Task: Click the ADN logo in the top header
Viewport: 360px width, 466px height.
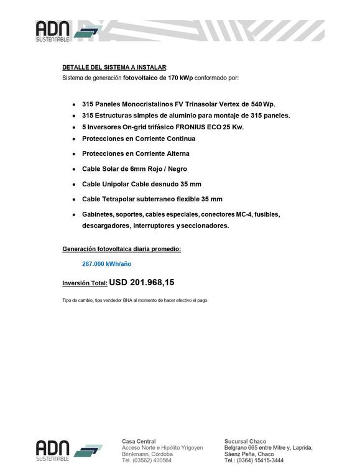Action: coord(62,31)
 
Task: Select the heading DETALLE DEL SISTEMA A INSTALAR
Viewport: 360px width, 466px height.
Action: coord(114,66)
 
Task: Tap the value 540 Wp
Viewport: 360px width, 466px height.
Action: coord(262,104)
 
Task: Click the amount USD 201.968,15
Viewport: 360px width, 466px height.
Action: coord(142,283)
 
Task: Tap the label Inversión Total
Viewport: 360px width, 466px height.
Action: coord(85,284)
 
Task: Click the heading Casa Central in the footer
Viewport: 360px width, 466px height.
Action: coord(139,441)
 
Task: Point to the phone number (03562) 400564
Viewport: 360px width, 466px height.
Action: coord(154,460)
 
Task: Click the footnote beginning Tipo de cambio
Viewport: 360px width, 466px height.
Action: coord(135,300)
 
